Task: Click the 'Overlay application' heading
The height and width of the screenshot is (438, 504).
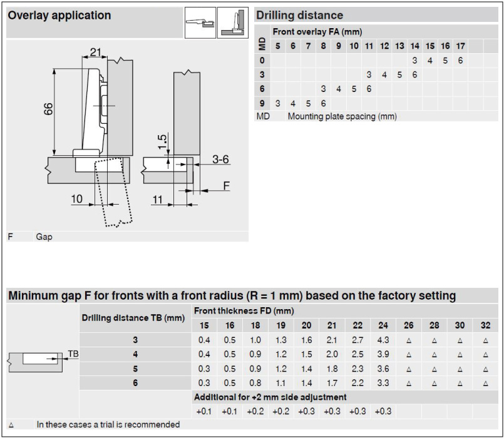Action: click(x=59, y=16)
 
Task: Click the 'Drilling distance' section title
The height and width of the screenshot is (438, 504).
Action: click(x=299, y=16)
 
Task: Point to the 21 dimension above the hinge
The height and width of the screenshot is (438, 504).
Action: click(x=95, y=53)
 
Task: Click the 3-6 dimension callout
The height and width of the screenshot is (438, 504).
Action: click(x=220, y=160)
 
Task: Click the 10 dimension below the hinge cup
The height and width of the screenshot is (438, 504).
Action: click(x=76, y=199)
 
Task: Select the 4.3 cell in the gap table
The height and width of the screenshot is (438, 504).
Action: click(x=383, y=340)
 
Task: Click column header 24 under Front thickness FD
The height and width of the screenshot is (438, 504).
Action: click(x=383, y=325)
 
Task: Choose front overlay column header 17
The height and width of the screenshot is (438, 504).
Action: click(x=460, y=46)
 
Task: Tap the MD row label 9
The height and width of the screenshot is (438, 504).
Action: click(x=262, y=103)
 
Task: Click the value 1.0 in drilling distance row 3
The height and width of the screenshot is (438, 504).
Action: click(x=255, y=340)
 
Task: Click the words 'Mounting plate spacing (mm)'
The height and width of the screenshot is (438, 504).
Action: click(x=342, y=116)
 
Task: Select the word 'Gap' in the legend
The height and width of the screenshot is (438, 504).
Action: click(x=44, y=237)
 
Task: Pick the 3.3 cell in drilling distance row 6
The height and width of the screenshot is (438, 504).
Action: click(x=383, y=382)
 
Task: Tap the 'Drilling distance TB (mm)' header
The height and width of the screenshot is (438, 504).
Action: click(x=133, y=318)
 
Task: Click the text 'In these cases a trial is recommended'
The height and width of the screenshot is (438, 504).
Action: click(x=108, y=425)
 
